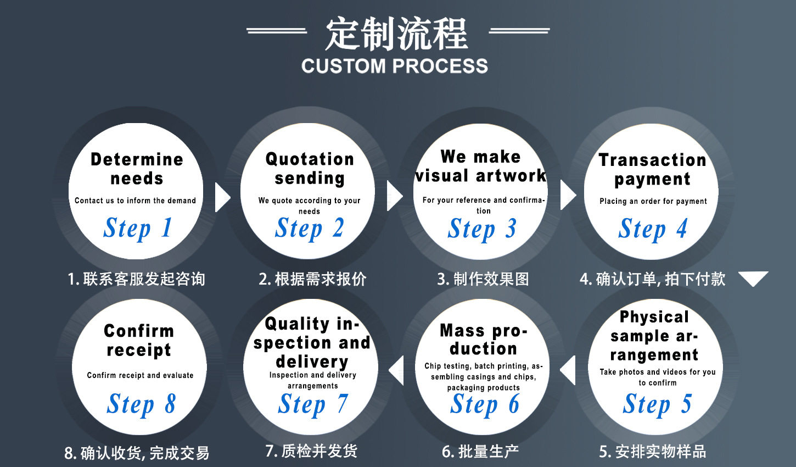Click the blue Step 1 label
click(138, 229)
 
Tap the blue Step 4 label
click(653, 229)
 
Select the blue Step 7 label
click(312, 404)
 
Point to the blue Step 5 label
click(657, 404)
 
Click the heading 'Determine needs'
click(137, 169)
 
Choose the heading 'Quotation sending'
click(310, 168)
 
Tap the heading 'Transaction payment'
click(652, 169)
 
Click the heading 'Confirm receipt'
click(139, 340)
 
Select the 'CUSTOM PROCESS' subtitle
click(394, 66)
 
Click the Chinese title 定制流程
click(396, 34)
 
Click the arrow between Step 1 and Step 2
click(222, 197)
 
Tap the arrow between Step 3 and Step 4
click(567, 196)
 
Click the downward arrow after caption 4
click(753, 279)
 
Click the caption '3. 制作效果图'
click(483, 279)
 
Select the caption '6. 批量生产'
click(480, 452)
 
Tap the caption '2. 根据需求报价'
click(312, 279)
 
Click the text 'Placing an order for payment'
click(653, 201)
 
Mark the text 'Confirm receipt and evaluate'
click(140, 375)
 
